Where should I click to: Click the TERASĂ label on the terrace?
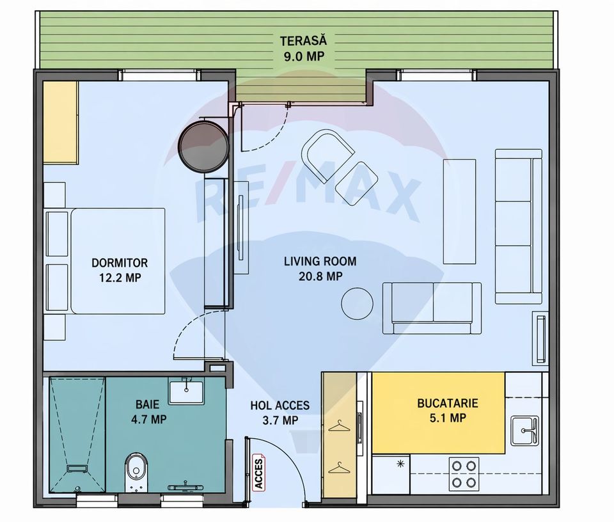[x=303, y=42]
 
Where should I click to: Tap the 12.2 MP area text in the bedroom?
[x=120, y=277]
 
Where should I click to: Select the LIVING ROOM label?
[x=320, y=262]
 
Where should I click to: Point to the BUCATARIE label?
[x=447, y=404]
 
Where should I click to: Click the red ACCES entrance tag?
[x=259, y=473]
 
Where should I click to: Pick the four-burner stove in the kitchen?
[x=464, y=474]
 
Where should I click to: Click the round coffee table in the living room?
[x=357, y=303]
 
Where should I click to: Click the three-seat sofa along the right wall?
[x=518, y=226]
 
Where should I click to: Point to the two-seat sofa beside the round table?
[x=432, y=308]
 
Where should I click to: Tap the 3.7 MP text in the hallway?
[x=279, y=420]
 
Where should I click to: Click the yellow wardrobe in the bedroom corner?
[x=60, y=122]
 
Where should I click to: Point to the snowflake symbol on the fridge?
[x=401, y=463]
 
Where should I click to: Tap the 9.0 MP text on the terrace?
[x=303, y=56]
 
